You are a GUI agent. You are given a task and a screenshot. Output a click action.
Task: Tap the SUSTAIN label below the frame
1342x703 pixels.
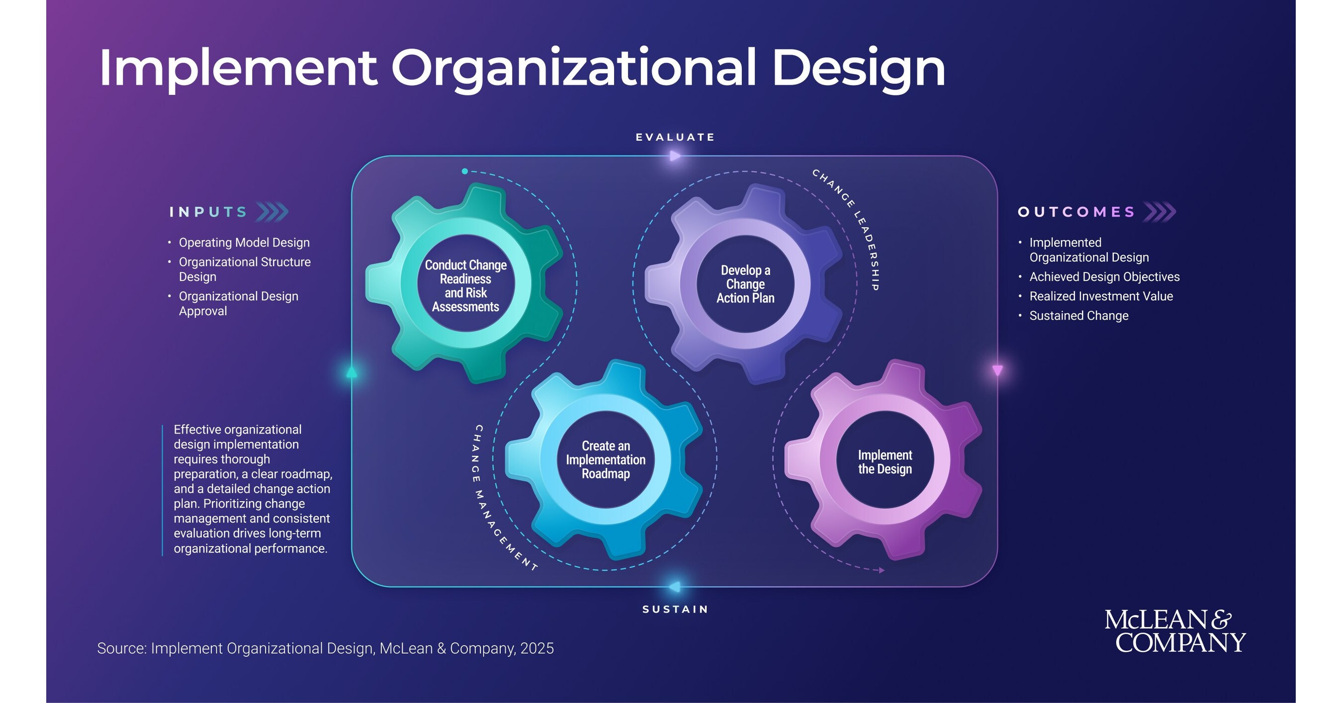pyautogui.click(x=675, y=609)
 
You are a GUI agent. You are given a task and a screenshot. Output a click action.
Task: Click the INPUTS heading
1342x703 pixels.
pyautogui.click(x=208, y=212)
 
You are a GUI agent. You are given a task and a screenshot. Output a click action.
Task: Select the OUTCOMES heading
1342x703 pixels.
pyautogui.click(x=1076, y=212)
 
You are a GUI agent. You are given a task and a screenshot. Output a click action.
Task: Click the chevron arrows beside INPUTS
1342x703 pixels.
pyautogui.click(x=272, y=212)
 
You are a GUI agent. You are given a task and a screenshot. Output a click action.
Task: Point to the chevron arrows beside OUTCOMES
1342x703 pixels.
pyautogui.click(x=1160, y=212)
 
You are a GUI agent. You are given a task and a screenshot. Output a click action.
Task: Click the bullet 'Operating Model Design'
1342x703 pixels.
pyautogui.click(x=244, y=243)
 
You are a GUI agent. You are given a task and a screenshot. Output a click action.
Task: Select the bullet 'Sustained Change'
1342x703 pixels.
pyautogui.click(x=1079, y=316)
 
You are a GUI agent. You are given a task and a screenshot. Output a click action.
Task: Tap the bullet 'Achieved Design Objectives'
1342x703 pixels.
pyautogui.click(x=1104, y=277)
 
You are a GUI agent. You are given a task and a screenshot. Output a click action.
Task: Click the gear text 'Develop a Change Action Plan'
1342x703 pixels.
pyautogui.click(x=745, y=284)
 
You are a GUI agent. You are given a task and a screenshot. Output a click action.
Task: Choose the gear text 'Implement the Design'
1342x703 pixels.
pyautogui.click(x=885, y=462)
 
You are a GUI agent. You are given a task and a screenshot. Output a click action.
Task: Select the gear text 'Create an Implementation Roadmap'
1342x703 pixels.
pyautogui.click(x=606, y=460)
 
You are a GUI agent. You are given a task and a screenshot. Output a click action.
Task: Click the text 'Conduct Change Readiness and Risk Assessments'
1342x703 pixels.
pyautogui.click(x=466, y=286)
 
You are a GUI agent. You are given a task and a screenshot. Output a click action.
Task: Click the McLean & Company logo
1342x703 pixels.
pyautogui.click(x=1175, y=631)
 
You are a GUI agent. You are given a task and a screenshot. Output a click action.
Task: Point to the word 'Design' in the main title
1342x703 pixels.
pyautogui.click(x=859, y=69)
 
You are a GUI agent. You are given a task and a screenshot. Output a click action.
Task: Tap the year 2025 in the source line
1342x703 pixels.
pyautogui.click(x=537, y=648)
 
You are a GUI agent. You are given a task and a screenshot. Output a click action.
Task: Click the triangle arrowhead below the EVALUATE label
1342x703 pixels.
pyautogui.click(x=675, y=156)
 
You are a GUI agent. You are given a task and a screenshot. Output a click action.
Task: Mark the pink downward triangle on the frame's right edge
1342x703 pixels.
pyautogui.click(x=997, y=370)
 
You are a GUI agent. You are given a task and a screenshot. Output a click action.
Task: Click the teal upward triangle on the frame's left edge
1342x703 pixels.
pyautogui.click(x=352, y=372)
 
